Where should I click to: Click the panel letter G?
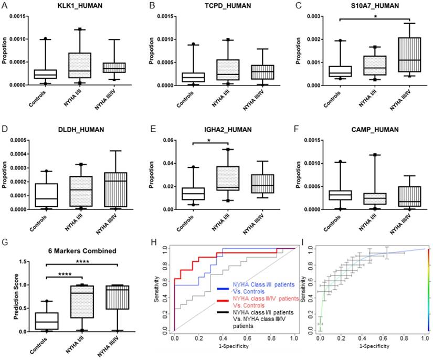click(x=5, y=242)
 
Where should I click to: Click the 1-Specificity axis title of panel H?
click(x=236, y=347)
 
